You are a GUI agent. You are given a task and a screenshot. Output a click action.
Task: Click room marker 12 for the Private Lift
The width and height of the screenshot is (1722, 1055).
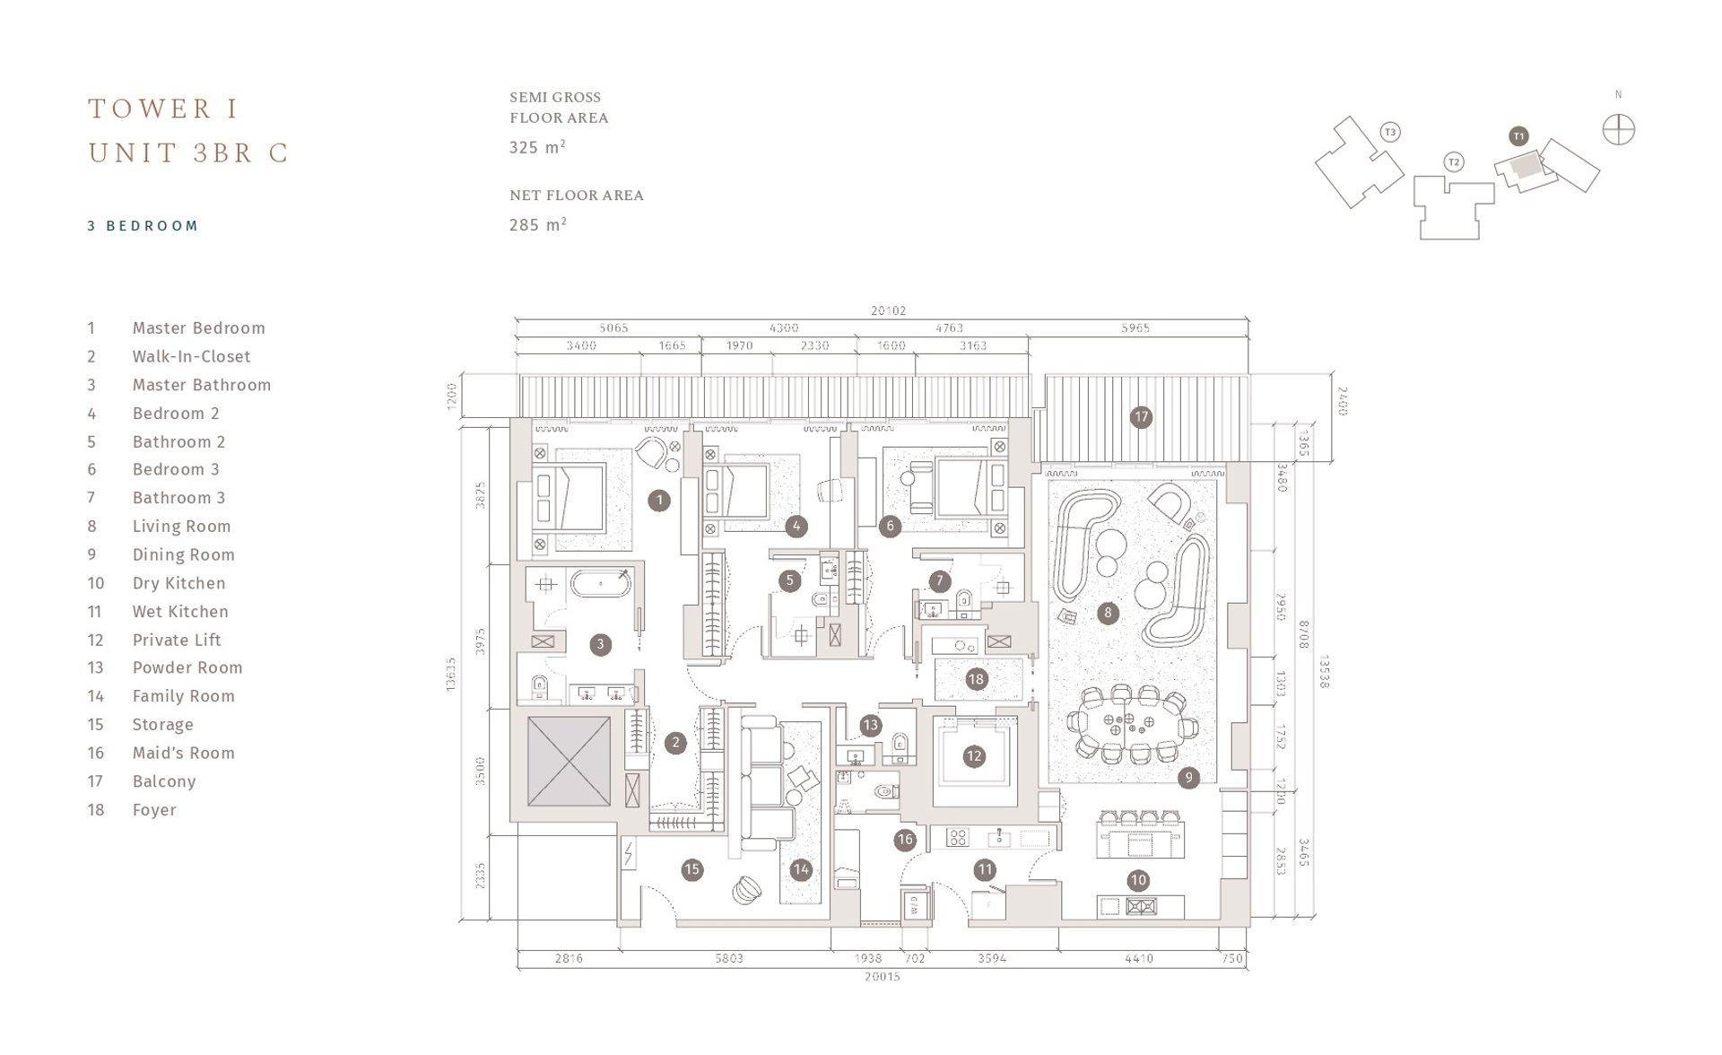tap(974, 756)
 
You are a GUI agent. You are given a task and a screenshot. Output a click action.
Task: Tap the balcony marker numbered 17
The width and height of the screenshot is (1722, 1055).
tap(1141, 417)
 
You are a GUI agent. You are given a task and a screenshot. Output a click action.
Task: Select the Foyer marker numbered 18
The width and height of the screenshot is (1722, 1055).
tap(977, 679)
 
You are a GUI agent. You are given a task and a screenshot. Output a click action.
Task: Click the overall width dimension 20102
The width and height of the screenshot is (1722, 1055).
tap(888, 310)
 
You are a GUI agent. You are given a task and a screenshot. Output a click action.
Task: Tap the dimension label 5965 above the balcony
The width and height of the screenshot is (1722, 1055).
tap(1135, 328)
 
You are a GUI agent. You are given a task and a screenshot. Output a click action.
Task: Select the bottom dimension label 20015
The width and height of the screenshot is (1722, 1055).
tap(883, 976)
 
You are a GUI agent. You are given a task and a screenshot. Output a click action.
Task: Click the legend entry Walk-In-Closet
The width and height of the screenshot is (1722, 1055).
tap(191, 356)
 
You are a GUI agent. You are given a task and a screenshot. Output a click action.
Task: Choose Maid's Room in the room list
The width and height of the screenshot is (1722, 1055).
tap(183, 754)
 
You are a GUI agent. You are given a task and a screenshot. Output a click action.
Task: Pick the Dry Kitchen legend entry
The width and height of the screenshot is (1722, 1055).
tap(178, 583)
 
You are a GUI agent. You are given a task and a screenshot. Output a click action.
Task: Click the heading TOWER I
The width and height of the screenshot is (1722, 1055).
tap(164, 109)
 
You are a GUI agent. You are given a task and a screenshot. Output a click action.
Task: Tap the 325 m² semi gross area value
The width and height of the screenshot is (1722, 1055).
tap(537, 147)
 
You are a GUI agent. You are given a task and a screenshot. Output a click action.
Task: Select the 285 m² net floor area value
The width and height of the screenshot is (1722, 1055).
tap(537, 224)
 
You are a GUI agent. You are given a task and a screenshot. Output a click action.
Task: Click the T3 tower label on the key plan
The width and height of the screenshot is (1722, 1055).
tap(1390, 133)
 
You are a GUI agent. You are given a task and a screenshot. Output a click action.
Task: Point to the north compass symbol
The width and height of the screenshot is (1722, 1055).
tap(1619, 130)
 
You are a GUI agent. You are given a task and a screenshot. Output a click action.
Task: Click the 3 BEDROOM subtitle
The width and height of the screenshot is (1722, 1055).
tap(143, 226)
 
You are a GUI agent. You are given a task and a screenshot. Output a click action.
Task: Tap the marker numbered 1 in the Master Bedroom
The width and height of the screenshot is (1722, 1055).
tap(659, 501)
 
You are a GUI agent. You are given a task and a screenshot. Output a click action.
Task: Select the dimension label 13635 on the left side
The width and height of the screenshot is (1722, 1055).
tap(451, 674)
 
